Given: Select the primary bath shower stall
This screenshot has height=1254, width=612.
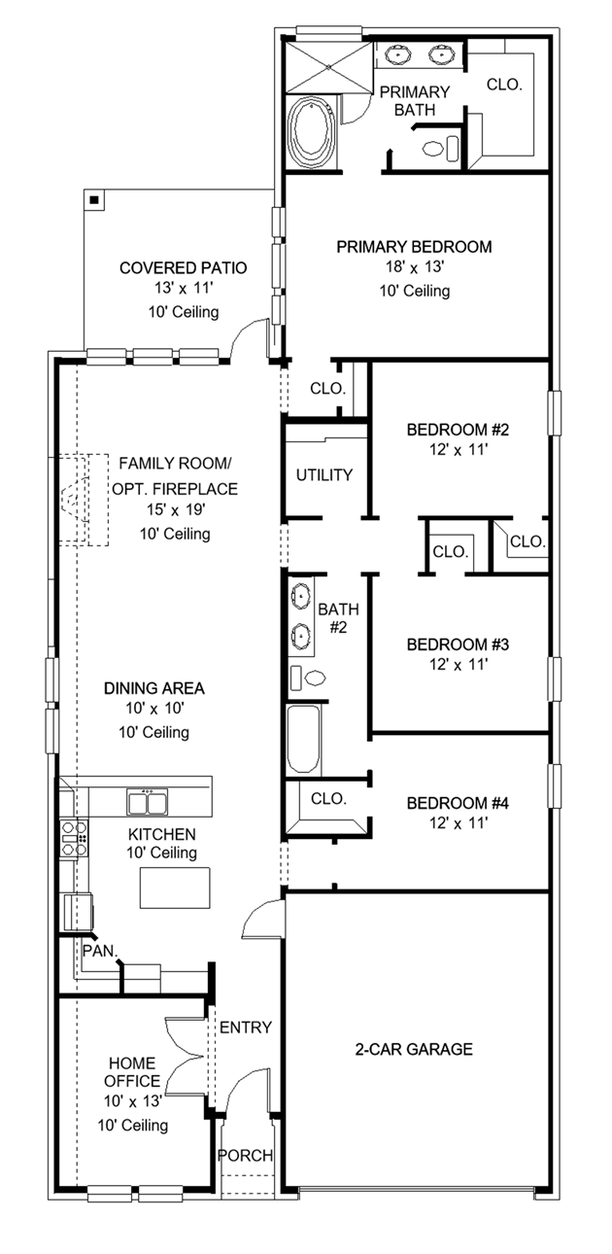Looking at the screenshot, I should [x=327, y=65].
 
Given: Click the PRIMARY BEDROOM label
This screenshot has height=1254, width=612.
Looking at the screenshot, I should [x=414, y=247].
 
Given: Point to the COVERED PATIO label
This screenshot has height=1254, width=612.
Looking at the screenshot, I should [x=183, y=268].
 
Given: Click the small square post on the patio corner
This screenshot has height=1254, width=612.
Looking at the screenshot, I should [x=94, y=200].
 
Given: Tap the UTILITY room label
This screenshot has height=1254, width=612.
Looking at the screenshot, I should [x=323, y=475].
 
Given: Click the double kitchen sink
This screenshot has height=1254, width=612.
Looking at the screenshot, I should [x=149, y=803].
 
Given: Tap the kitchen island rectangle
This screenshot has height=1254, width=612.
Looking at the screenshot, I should [x=177, y=886].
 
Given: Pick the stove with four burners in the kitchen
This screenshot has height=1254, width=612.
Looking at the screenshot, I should [x=74, y=838].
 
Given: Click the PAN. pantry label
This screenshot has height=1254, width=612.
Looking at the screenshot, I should [x=98, y=949].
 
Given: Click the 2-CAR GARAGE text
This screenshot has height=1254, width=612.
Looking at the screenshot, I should [x=414, y=1049].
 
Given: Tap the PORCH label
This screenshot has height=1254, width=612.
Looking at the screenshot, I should [x=245, y=1156].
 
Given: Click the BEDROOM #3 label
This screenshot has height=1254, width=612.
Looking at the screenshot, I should [x=445, y=644].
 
